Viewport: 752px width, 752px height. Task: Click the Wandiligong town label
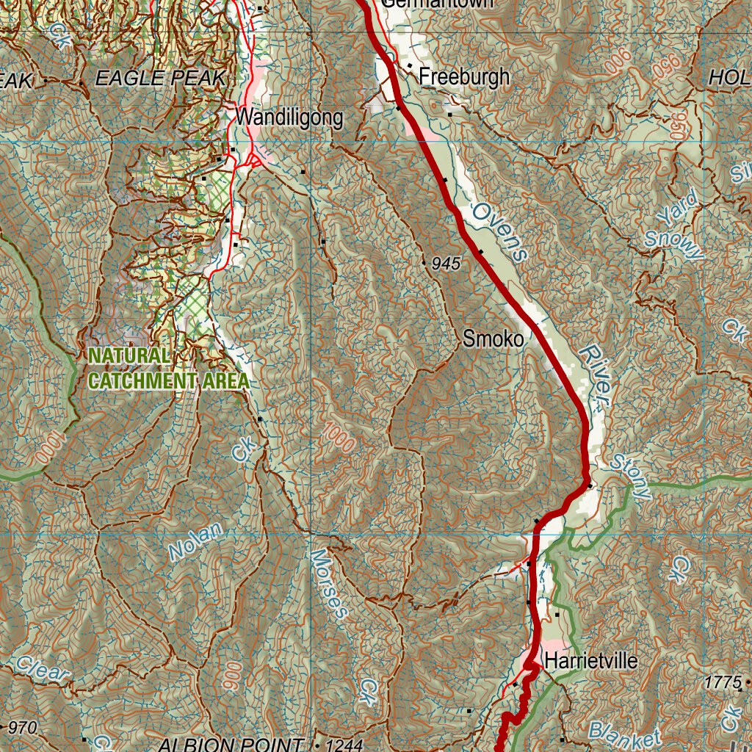(x=289, y=117)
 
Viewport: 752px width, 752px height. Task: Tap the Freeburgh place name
(x=463, y=77)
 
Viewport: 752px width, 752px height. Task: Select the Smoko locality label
(x=493, y=339)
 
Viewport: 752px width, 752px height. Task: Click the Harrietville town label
(x=590, y=661)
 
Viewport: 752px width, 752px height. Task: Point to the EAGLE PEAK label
(x=159, y=79)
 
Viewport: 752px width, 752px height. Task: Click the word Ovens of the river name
(x=499, y=232)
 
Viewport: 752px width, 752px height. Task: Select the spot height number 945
(x=446, y=264)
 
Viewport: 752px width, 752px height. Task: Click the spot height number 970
(x=23, y=728)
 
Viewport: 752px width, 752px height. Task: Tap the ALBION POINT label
(x=231, y=745)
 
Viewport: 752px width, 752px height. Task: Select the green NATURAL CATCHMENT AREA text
(x=168, y=369)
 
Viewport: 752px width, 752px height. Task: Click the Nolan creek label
(x=195, y=540)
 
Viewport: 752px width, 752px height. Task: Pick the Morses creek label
(x=328, y=584)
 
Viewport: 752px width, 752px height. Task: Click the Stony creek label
(x=630, y=477)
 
